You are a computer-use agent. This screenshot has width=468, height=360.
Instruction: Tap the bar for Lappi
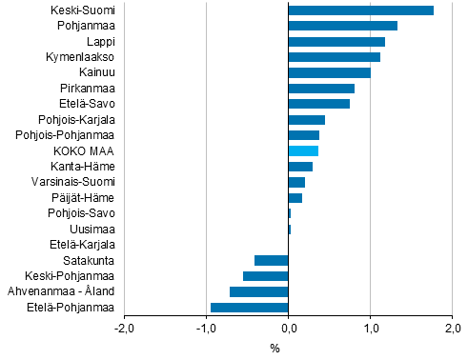pos(336,42)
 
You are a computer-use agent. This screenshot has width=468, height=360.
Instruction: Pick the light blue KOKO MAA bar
pos(303,150)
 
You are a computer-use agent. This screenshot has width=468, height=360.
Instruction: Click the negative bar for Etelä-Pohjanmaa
pos(249,307)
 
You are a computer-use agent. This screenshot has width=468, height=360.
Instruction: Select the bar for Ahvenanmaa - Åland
pos(258,291)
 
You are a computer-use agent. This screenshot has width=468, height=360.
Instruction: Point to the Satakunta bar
pos(271,260)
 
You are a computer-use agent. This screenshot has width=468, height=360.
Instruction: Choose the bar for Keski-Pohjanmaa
pos(265,276)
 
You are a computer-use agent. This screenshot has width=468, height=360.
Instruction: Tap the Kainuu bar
pos(329,72)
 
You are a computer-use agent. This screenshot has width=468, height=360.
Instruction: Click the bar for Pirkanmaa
pos(321,89)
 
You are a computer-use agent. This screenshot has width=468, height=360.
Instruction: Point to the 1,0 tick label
pos(370,330)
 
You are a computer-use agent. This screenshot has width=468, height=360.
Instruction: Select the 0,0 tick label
pos(288,330)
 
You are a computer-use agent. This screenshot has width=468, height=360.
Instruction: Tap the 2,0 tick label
pos(452,330)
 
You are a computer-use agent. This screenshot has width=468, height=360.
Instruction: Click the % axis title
pos(275,348)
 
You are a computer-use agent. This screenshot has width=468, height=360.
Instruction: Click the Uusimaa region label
pos(93,229)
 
